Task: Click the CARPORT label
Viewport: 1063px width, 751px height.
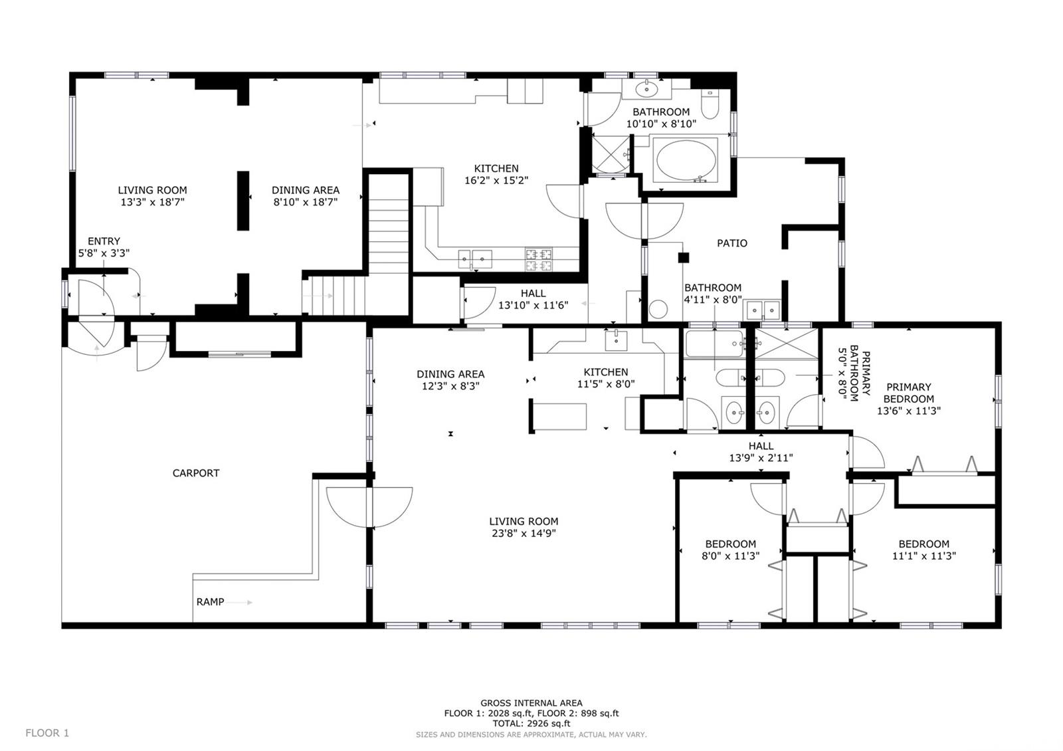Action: coord(195,473)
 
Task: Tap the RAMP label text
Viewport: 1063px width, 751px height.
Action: coord(210,602)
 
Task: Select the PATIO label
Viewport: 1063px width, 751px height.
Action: coord(731,243)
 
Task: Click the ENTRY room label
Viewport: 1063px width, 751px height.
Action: coord(104,241)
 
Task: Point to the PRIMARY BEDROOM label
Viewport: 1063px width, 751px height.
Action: coord(908,393)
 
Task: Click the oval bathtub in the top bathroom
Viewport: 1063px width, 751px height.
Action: coord(686,160)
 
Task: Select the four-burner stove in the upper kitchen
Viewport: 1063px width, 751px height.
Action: coord(539,260)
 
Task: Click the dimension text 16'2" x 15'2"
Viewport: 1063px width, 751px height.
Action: coord(496,180)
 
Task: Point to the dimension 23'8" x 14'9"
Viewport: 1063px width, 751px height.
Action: coord(524,533)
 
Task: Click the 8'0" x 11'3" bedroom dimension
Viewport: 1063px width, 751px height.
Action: coord(730,556)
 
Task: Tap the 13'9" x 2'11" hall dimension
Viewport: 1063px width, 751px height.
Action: coord(761,458)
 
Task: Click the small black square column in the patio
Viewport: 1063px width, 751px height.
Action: coord(684,258)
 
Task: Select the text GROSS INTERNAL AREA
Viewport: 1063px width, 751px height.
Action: coord(531,703)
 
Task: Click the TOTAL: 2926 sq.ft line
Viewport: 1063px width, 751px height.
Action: coord(531,724)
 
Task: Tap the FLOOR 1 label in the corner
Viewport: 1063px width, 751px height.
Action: coord(47,733)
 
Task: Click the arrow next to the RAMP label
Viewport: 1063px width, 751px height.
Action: coord(239,602)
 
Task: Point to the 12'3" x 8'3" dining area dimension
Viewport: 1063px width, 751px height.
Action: coord(450,386)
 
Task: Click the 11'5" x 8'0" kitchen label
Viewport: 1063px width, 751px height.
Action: coord(605,383)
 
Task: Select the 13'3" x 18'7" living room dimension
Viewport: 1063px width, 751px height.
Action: coord(152,202)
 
